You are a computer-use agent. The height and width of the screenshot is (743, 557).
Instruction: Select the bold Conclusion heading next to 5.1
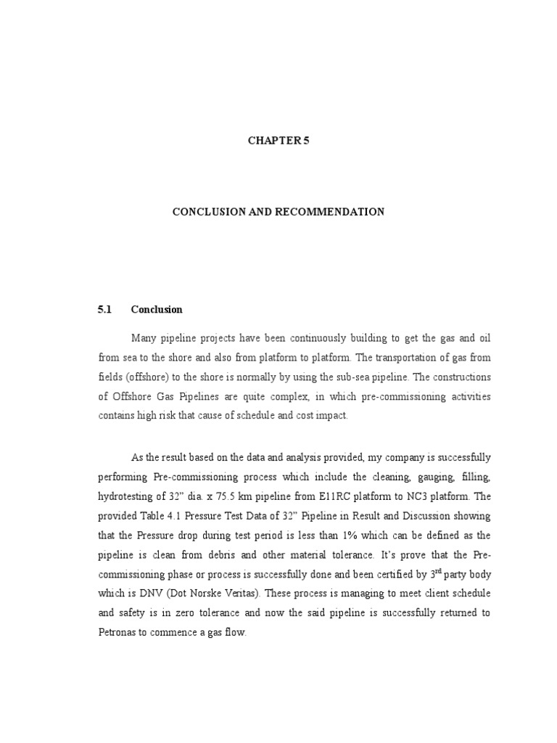click(157, 309)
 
